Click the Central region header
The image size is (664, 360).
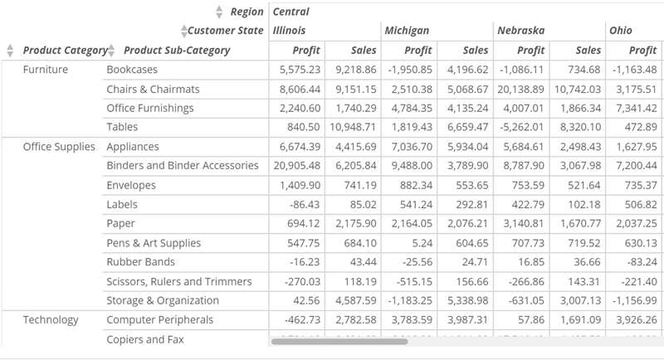click(x=290, y=12)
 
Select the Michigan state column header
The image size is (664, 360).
click(x=406, y=31)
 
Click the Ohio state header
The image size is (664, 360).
click(x=620, y=31)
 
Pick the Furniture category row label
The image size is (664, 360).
click(x=46, y=70)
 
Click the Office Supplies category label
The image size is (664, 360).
click(x=59, y=147)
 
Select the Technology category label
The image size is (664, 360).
click(x=51, y=320)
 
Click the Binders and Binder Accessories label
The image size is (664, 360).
click(x=183, y=166)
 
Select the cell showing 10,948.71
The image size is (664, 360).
click(x=353, y=127)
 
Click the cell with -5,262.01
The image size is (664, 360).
click(x=521, y=127)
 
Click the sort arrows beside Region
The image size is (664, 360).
click(x=219, y=12)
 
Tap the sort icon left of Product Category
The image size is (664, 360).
click(x=10, y=51)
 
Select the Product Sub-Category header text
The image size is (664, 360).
click(x=177, y=51)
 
